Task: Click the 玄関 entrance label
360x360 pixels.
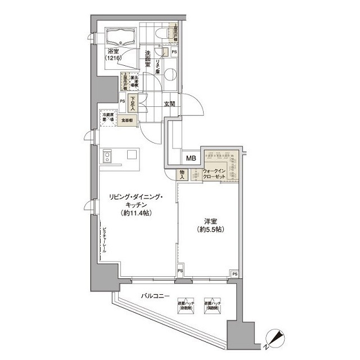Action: (169, 103)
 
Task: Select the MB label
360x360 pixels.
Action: (191, 159)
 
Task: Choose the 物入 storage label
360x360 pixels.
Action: (183, 174)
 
